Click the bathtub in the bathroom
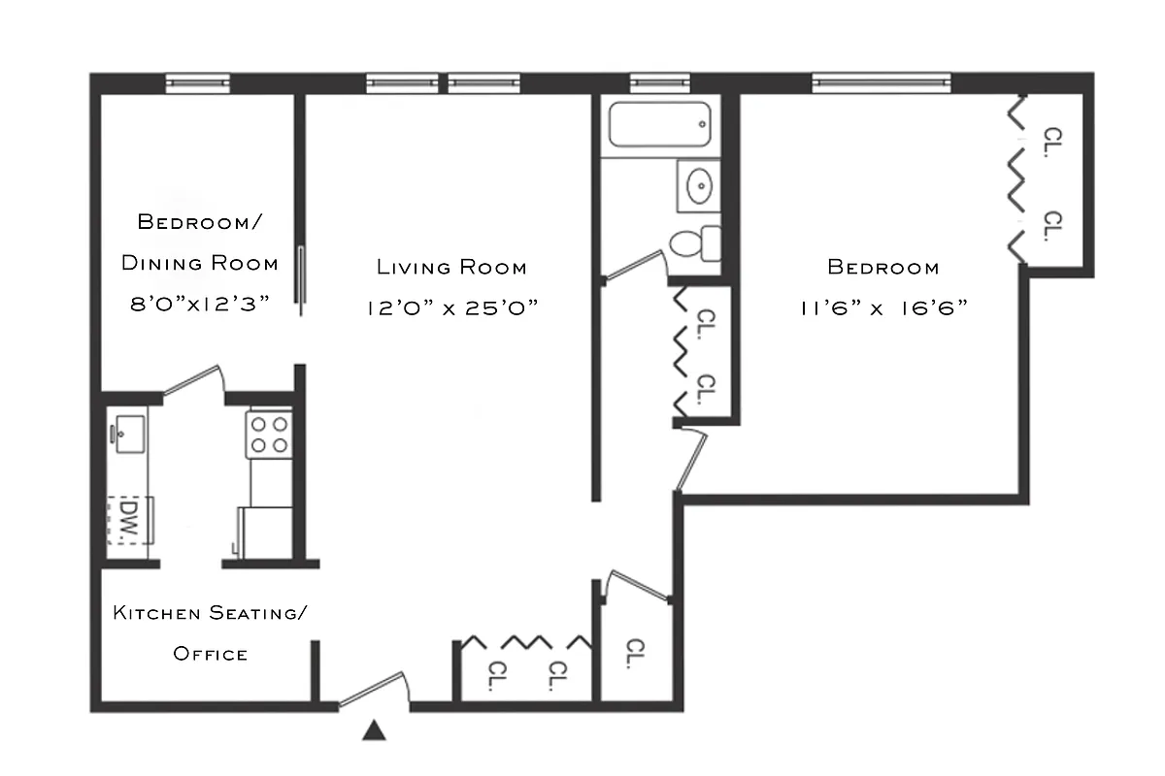[x=660, y=126]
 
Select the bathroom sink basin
[x=698, y=184]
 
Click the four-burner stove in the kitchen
[x=270, y=434]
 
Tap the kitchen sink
[x=128, y=429]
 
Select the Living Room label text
[x=451, y=267]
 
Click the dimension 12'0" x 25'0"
[x=451, y=307]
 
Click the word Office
[x=210, y=654]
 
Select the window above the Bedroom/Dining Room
[x=197, y=83]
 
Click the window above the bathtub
[x=659, y=83]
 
